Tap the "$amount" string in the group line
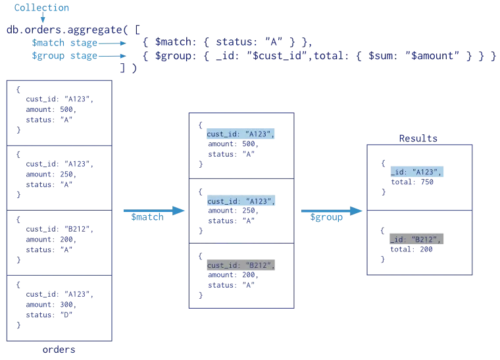434,57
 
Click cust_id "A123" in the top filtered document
239,134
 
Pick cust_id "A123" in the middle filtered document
239,201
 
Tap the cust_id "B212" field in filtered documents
239,265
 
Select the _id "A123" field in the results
417,172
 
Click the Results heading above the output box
417,139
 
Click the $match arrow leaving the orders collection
151,211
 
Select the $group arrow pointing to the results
330,211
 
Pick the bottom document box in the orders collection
60,307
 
